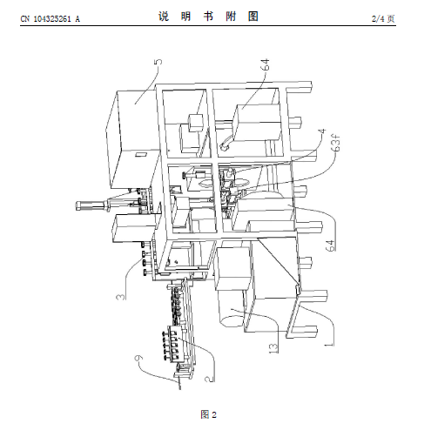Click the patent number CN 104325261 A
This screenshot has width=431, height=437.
click(x=50, y=19)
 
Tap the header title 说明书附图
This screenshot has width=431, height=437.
click(x=208, y=17)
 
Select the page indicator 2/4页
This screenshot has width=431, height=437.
click(x=383, y=19)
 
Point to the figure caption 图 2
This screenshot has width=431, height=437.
click(x=208, y=414)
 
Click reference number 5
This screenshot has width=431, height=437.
click(x=158, y=62)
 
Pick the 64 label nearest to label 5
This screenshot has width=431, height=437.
click(x=265, y=64)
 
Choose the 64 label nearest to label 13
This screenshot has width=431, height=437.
click(x=331, y=245)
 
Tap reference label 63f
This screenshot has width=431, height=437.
click(x=336, y=143)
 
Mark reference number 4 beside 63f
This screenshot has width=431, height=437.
click(x=323, y=131)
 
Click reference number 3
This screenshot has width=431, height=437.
click(x=121, y=297)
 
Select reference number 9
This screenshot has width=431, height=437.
click(x=139, y=358)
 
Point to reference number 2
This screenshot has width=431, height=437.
click(x=209, y=379)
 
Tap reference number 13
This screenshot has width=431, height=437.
click(x=273, y=347)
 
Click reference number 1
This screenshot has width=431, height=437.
click(x=329, y=345)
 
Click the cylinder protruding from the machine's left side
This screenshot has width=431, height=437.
click(x=92, y=205)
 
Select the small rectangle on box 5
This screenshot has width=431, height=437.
click(x=141, y=154)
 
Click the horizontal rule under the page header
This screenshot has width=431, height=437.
click(x=208, y=26)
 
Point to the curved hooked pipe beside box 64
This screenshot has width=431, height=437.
click(x=226, y=143)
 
